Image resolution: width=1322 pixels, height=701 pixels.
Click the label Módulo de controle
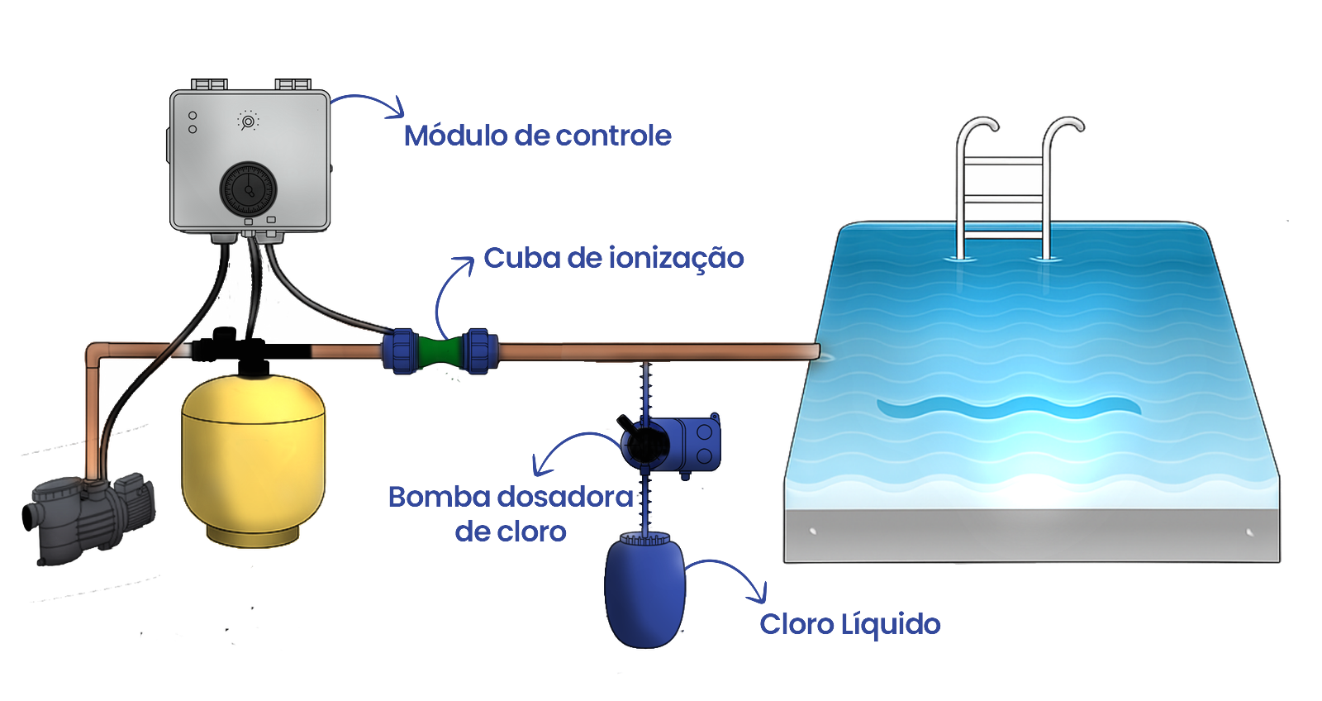point(537,136)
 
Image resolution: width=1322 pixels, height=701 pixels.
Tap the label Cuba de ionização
point(613,258)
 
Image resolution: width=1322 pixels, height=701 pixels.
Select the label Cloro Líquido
point(849,624)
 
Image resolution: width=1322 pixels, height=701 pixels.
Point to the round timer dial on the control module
point(248,189)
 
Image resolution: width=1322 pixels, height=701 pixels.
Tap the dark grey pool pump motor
point(87,517)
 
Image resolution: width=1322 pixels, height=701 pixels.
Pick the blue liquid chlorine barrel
point(644,591)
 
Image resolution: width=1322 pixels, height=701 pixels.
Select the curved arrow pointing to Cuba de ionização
point(446,293)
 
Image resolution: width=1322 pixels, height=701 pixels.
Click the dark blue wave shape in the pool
point(1008,407)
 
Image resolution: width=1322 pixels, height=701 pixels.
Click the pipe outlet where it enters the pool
point(815,352)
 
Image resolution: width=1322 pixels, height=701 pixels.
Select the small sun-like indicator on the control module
point(248,122)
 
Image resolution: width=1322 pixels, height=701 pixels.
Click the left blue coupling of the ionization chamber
point(402,351)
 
